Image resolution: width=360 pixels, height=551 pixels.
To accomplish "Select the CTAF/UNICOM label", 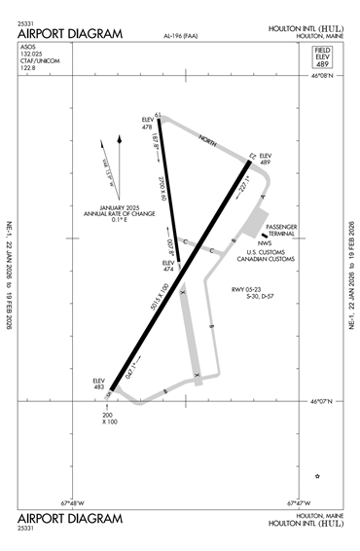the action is point(36,63).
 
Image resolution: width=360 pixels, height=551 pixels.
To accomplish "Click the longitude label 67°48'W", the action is point(73,503).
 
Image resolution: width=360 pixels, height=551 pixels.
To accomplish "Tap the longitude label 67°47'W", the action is point(301,503).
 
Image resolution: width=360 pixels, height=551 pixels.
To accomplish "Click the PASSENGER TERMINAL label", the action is point(281,231).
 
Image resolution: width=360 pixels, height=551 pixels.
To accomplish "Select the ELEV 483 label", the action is point(97,384).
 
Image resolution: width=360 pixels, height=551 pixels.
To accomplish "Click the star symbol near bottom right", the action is point(317,475).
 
